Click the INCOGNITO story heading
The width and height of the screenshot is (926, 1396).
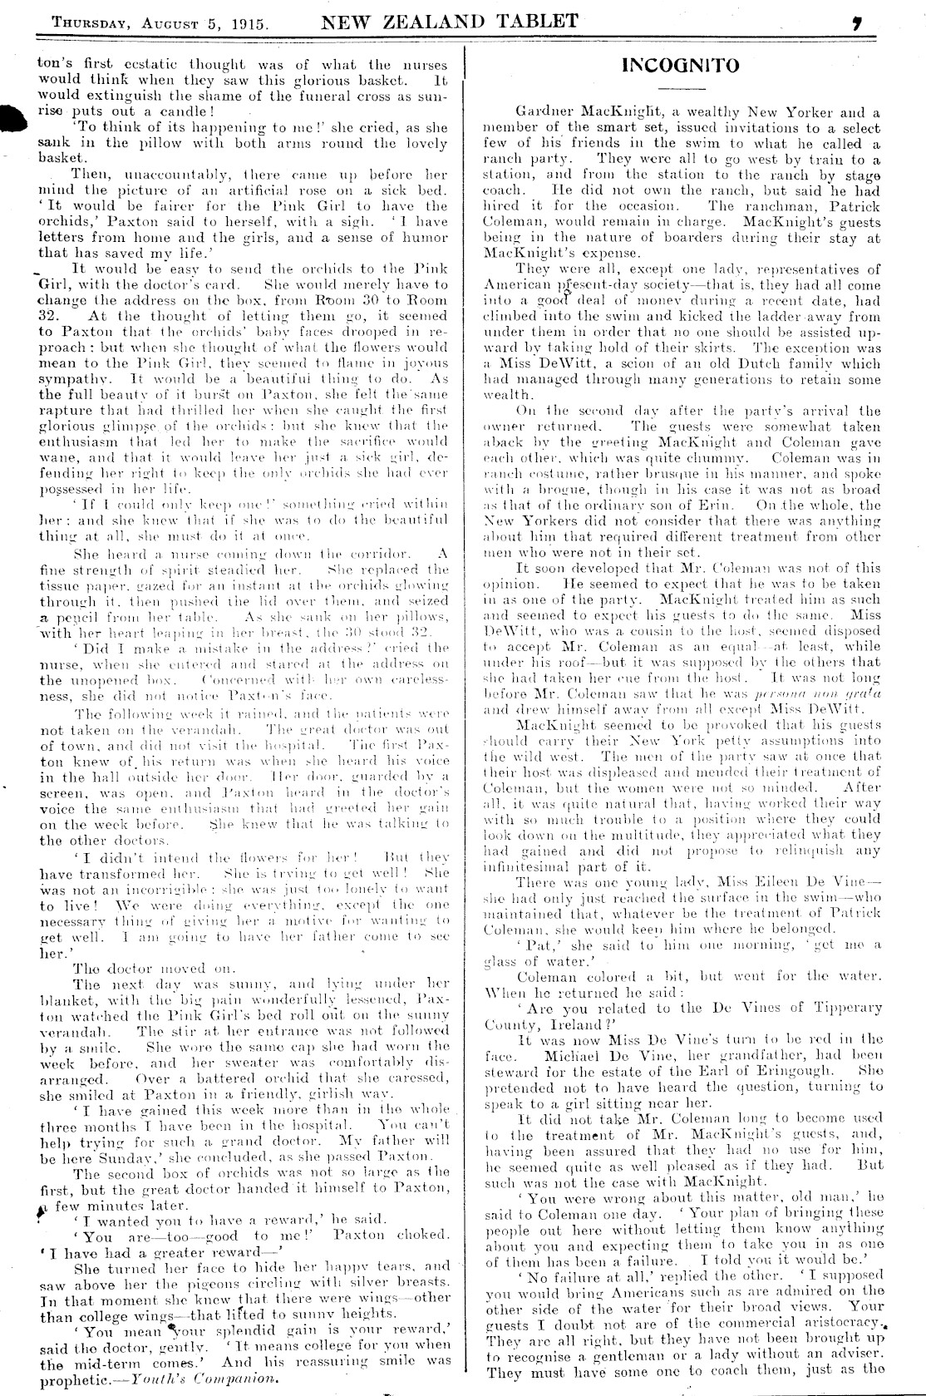(680, 67)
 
